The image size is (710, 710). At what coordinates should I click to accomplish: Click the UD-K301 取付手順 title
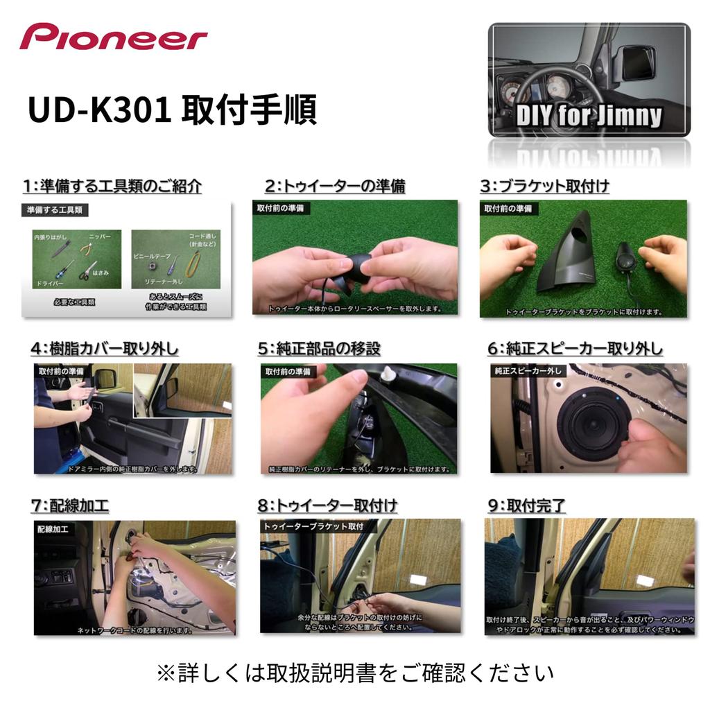pos(172,109)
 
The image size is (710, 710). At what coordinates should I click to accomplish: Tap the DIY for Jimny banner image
pos(589,80)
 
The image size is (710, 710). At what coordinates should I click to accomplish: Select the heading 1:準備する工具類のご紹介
pos(112,186)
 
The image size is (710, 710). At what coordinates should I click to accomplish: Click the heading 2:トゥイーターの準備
pos(335,186)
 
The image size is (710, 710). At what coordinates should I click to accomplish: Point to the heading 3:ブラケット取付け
pos(545,186)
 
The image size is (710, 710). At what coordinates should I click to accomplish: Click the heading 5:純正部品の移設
pos(319,348)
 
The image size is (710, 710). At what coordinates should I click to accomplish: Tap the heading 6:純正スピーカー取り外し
pos(575,348)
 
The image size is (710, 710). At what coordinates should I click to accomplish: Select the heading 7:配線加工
pos(70,505)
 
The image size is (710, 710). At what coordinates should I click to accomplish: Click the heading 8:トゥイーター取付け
pos(327,505)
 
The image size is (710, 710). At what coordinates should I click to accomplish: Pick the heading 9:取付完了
pos(526,505)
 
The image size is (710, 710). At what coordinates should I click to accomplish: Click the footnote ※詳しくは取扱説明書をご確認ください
pos(355,672)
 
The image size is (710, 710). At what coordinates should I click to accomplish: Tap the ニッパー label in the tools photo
pos(99,236)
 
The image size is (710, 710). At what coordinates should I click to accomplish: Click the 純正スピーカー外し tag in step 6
pos(528,371)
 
